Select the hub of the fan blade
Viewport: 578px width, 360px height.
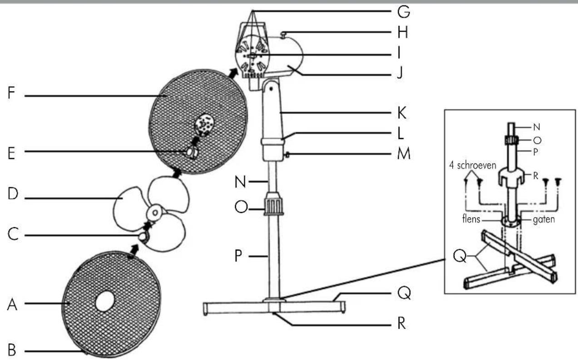click(x=155, y=212)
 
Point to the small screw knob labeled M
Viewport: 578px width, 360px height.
click(x=287, y=155)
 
